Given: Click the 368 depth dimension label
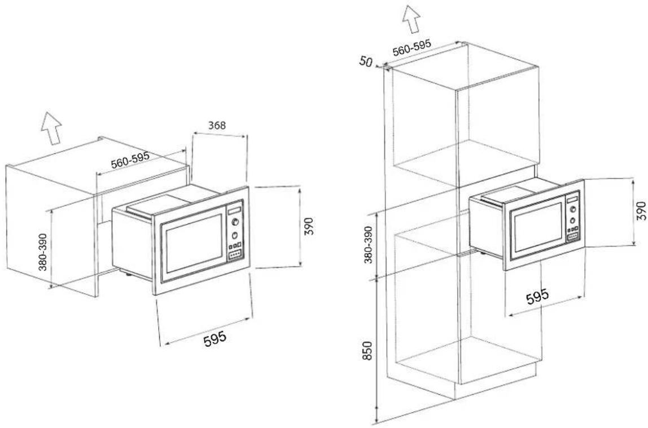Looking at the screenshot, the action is (x=217, y=125).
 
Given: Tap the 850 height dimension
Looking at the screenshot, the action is (x=367, y=351).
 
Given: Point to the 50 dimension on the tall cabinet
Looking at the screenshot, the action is (x=366, y=61).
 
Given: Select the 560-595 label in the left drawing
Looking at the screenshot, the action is (x=130, y=160).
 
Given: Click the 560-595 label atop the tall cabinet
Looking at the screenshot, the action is (x=411, y=47).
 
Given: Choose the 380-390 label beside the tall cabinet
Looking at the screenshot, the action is (x=368, y=244).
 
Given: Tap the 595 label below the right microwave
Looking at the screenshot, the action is (x=537, y=296).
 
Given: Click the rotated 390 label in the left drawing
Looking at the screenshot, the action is (x=309, y=226).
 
